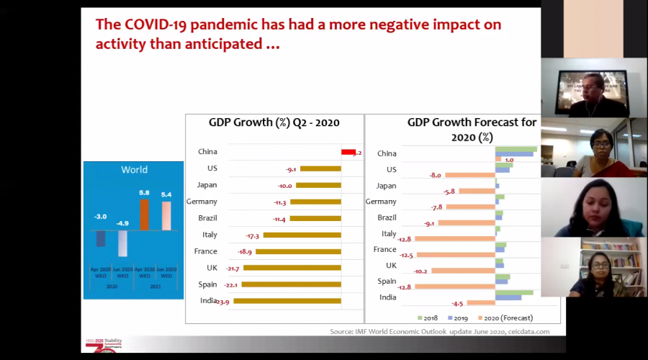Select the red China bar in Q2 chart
(x=348, y=152)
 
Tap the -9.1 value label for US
(x=291, y=169)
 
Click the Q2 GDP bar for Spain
(x=291, y=284)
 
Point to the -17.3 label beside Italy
(x=252, y=235)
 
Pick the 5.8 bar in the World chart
(x=144, y=214)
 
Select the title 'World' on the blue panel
(x=134, y=170)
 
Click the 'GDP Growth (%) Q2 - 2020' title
(x=274, y=122)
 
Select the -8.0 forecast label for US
(x=435, y=175)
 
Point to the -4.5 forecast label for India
(x=456, y=303)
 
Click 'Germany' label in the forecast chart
(x=381, y=202)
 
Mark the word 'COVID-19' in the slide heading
(x=159, y=24)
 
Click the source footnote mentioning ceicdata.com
(x=439, y=331)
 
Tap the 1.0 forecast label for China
(x=509, y=160)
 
